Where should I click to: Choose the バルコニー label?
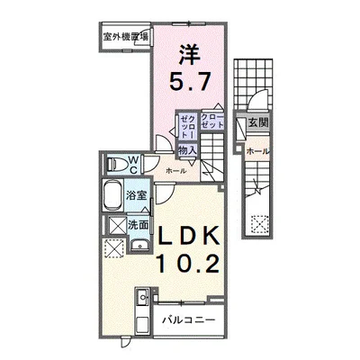point(188,319)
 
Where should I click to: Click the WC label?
point(130,164)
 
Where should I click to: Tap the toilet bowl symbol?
point(115,163)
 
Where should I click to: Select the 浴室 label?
point(136,195)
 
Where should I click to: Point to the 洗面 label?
point(138,226)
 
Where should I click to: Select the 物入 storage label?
point(186,151)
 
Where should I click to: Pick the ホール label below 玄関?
point(256,150)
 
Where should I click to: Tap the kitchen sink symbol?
point(141,301)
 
